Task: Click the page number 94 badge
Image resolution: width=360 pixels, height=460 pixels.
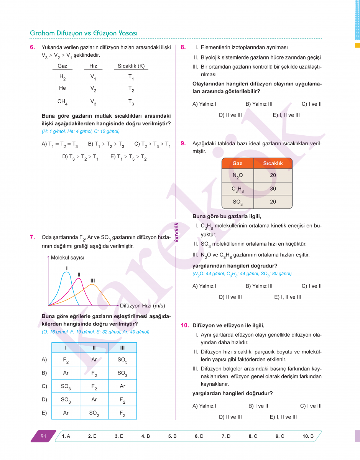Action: pyautogui.click(x=43, y=436)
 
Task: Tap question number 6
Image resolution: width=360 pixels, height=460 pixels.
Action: pyautogui.click(x=33, y=48)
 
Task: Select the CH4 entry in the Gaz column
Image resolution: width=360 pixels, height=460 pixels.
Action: pyautogui.click(x=62, y=102)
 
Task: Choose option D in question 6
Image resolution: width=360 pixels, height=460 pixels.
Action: pyautogui.click(x=80, y=157)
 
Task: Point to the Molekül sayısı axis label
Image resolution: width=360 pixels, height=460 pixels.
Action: pyautogui.click(x=67, y=258)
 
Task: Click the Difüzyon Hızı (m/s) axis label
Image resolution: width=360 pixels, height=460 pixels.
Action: pyautogui.click(x=142, y=306)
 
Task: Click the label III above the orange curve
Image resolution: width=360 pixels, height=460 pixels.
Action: pyautogui.click(x=93, y=281)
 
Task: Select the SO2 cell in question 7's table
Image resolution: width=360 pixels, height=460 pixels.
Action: pyautogui.click(x=94, y=413)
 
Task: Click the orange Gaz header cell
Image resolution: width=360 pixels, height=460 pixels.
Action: pyautogui.click(x=237, y=163)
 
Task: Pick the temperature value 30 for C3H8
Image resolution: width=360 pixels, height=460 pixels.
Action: pyautogui.click(x=273, y=189)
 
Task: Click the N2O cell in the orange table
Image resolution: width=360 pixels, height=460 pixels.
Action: pyautogui.click(x=237, y=176)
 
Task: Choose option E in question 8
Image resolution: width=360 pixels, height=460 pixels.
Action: pyautogui.click(x=286, y=115)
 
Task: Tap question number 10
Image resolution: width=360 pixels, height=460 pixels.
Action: pyautogui.click(x=185, y=325)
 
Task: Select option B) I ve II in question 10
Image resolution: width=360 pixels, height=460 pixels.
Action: pyautogui.click(x=258, y=406)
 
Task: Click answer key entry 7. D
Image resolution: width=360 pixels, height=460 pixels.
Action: pyautogui.click(x=226, y=436)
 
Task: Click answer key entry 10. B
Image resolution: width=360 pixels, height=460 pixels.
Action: pyautogui.click(x=308, y=436)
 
